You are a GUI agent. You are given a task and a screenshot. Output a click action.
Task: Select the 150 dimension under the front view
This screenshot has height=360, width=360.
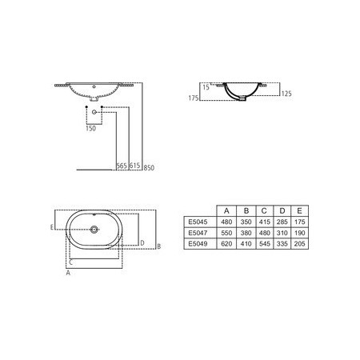tap(90, 126)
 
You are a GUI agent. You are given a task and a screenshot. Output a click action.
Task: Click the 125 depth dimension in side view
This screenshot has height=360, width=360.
tap(288, 94)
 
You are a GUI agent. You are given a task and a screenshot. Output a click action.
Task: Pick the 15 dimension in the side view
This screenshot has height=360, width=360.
tap(206, 86)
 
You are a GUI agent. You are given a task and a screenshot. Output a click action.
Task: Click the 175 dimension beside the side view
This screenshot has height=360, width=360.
tap(192, 98)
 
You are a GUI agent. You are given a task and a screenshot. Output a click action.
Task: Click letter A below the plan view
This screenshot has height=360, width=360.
tap(69, 273)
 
